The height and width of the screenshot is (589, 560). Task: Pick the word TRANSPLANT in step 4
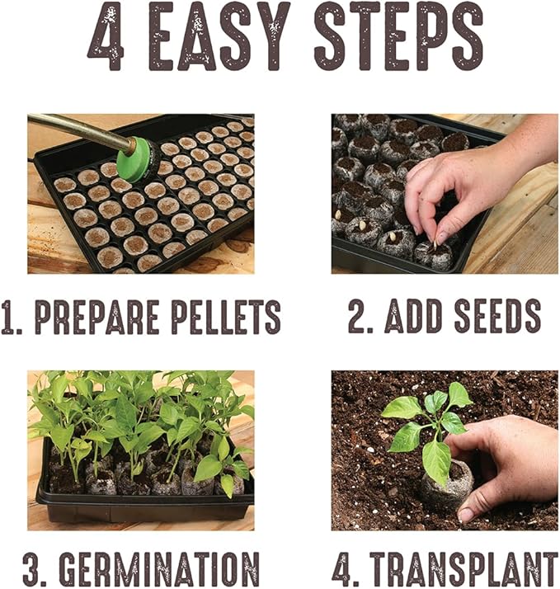[x=463, y=568]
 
